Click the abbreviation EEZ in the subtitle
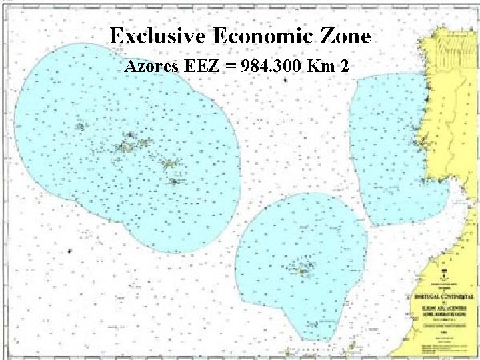pos(200,67)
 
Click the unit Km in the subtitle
pos(325,67)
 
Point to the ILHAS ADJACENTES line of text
pos(443,302)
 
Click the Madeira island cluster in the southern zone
pos(303,268)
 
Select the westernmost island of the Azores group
pos(80,126)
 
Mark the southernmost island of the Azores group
pos(174,181)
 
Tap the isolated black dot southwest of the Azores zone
pos(69,251)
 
